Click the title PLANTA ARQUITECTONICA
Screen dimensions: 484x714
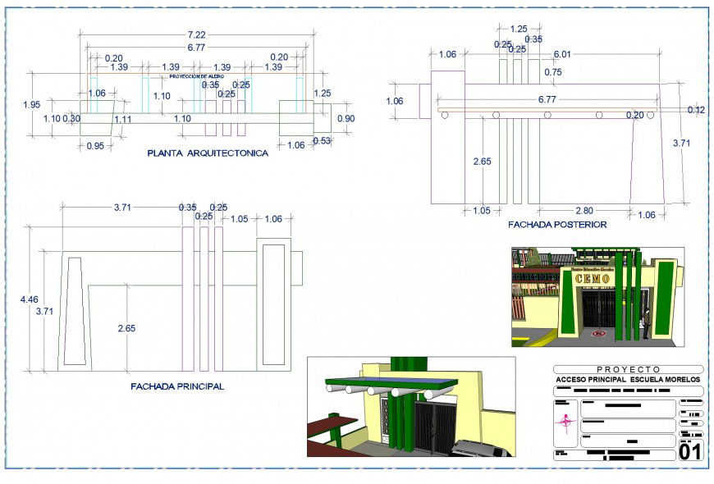[207, 153]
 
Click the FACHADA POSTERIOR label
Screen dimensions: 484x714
[557, 224]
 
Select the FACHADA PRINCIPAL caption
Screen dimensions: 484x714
[176, 386]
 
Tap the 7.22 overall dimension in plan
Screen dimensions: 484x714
[197, 34]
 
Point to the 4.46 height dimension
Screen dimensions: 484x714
[28, 300]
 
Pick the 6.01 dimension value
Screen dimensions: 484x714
[562, 54]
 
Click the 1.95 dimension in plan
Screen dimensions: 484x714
[31, 105]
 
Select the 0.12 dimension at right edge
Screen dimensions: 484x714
[696, 110]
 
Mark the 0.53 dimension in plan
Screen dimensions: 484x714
[322, 141]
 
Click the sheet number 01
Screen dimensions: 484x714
[690, 450]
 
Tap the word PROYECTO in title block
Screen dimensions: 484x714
[628, 369]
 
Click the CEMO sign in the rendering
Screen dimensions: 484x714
[593, 279]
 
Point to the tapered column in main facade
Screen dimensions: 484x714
[75, 312]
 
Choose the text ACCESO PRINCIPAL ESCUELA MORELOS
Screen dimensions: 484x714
[628, 380]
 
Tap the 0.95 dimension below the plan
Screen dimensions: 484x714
[95, 146]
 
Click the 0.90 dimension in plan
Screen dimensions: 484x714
[346, 119]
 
